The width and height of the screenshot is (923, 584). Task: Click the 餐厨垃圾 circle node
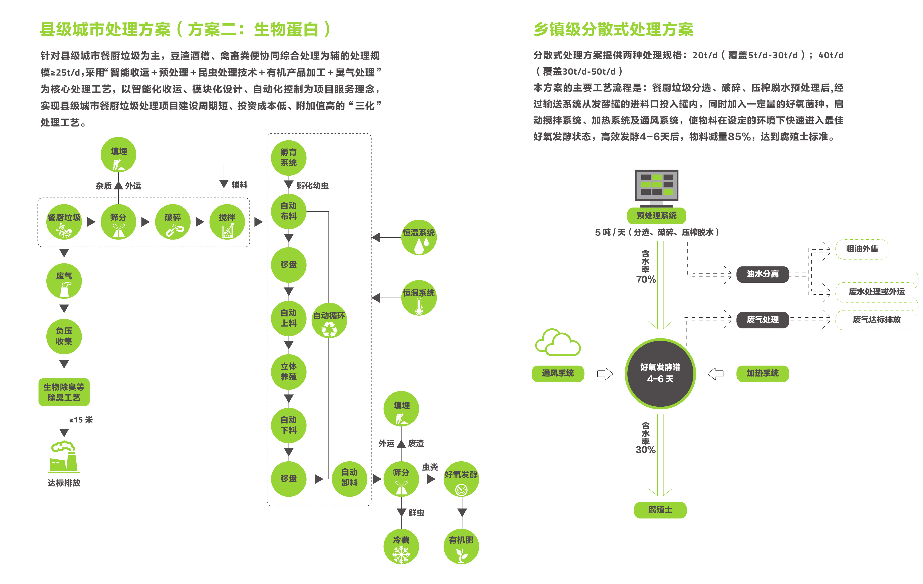pyautogui.click(x=64, y=222)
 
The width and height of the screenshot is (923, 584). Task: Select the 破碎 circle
pyautogui.click(x=173, y=222)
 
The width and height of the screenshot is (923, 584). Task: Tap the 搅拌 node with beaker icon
pyautogui.click(x=227, y=222)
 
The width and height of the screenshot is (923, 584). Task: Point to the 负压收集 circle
pyautogui.click(x=64, y=336)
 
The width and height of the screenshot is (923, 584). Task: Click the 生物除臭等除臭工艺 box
pyautogui.click(x=64, y=392)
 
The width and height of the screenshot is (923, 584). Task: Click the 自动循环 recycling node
pyautogui.click(x=329, y=320)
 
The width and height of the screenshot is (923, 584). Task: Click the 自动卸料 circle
pyautogui.click(x=349, y=478)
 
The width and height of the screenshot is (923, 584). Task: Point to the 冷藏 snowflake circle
pyautogui.click(x=401, y=546)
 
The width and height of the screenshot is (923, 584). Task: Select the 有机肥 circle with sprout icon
pyautogui.click(x=461, y=546)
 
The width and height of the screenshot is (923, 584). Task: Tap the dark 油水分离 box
pyautogui.click(x=762, y=274)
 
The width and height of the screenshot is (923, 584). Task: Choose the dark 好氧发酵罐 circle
pyautogui.click(x=660, y=373)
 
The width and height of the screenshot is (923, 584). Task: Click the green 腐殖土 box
pyautogui.click(x=660, y=510)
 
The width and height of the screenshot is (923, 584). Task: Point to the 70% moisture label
pyautogui.click(x=646, y=279)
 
